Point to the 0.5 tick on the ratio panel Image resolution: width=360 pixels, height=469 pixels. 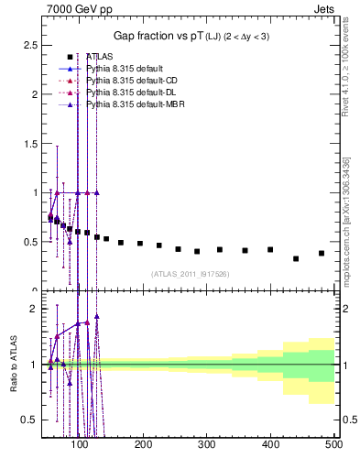[30, 420]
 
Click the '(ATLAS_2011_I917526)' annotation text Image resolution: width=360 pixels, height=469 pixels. [189, 273]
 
